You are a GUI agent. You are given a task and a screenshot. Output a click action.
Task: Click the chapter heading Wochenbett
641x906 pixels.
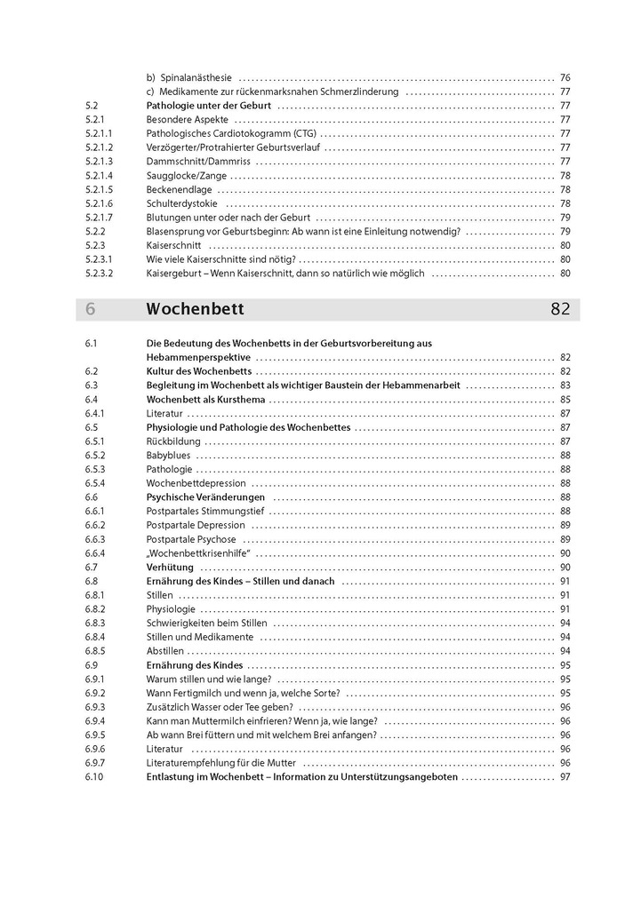point(195,310)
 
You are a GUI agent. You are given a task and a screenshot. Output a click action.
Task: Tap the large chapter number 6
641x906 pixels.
point(91,310)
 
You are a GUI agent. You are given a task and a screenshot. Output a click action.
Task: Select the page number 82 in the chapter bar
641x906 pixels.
point(559,310)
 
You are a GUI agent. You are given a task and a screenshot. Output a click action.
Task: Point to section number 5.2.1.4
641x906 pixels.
point(100,176)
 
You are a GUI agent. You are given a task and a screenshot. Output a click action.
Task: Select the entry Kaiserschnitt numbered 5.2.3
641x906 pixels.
point(173,245)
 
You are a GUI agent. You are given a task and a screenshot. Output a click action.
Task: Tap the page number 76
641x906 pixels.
point(565,77)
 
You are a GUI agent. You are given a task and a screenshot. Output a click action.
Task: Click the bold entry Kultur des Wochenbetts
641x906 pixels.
point(199,371)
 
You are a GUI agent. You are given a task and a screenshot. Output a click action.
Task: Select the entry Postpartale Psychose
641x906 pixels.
point(191,539)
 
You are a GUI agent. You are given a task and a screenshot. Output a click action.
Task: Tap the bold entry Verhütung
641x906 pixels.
point(170,568)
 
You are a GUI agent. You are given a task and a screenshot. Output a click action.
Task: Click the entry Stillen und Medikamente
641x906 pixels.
point(200,638)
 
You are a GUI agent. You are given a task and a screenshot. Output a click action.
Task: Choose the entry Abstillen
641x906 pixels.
point(165,651)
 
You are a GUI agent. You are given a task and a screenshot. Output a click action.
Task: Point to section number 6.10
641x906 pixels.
point(94,777)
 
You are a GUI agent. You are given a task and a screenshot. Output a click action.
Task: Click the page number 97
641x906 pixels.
point(565,777)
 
